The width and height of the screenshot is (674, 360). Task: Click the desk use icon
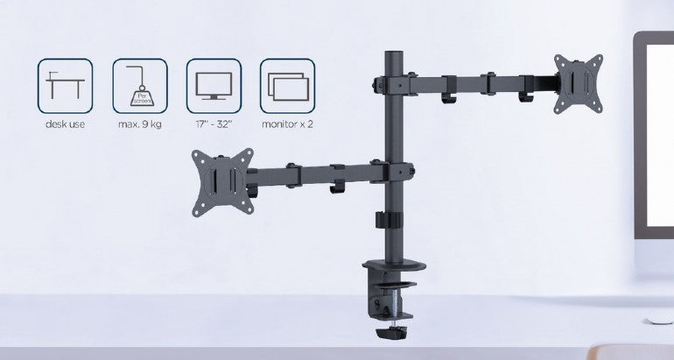pos(65,86)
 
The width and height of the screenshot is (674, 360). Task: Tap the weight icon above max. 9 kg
pos(139,86)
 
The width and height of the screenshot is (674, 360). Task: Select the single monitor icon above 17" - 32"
pos(213,86)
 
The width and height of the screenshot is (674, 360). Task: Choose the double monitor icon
pos(287,86)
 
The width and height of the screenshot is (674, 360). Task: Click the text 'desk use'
pos(65,124)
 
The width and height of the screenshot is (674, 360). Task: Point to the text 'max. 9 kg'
pos(139,124)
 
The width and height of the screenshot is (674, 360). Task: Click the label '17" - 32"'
pos(213,124)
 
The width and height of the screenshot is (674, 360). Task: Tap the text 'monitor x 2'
pos(287,124)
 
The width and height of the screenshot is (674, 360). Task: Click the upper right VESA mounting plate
pos(578,83)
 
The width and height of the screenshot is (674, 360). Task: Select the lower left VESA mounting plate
pos(222,181)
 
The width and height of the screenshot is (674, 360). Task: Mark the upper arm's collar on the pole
pos(390,83)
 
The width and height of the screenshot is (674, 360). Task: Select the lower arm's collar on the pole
pos(391,171)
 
